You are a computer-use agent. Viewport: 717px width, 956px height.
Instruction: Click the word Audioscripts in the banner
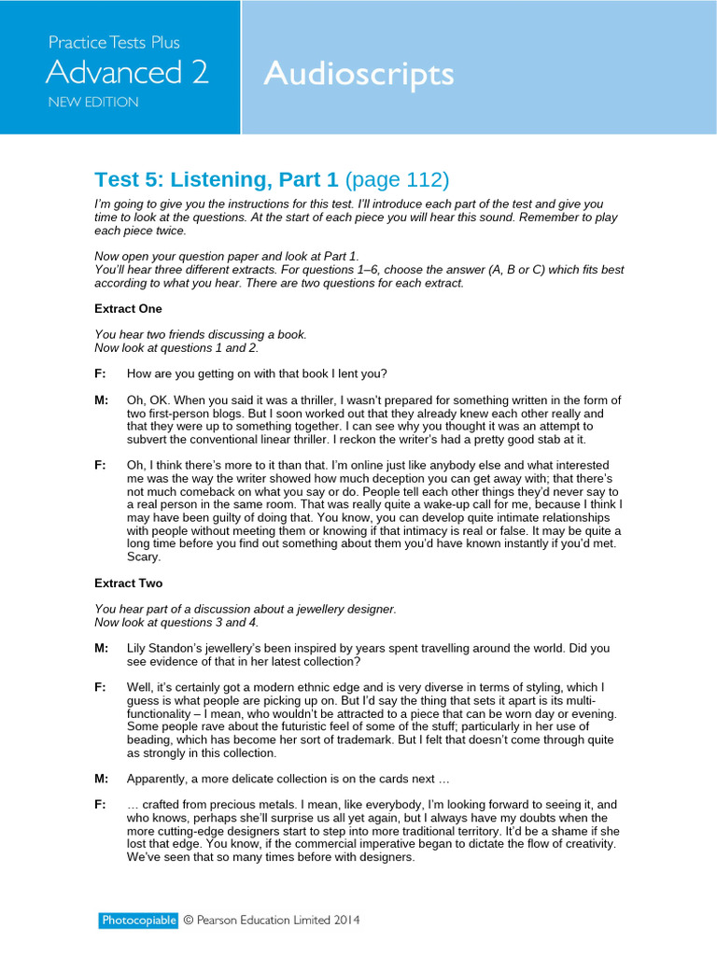tap(358, 74)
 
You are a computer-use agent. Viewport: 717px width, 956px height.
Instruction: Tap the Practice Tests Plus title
tap(114, 42)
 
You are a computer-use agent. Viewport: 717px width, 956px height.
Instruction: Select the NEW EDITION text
tap(93, 102)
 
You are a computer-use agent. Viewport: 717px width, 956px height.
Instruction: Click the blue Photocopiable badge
tap(138, 921)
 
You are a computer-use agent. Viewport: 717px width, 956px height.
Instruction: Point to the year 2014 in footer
tap(342, 921)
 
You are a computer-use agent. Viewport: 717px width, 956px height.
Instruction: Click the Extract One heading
tap(128, 308)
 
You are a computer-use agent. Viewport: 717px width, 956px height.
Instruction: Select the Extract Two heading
tap(128, 583)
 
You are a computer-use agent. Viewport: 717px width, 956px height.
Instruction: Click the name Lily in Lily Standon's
tap(138, 648)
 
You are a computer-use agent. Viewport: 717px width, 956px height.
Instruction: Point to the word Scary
tap(144, 556)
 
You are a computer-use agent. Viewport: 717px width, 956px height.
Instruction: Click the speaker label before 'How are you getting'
tap(100, 373)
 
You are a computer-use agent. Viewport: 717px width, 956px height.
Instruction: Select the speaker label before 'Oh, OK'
tap(101, 401)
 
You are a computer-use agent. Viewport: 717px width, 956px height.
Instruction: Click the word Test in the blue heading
tap(115, 179)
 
